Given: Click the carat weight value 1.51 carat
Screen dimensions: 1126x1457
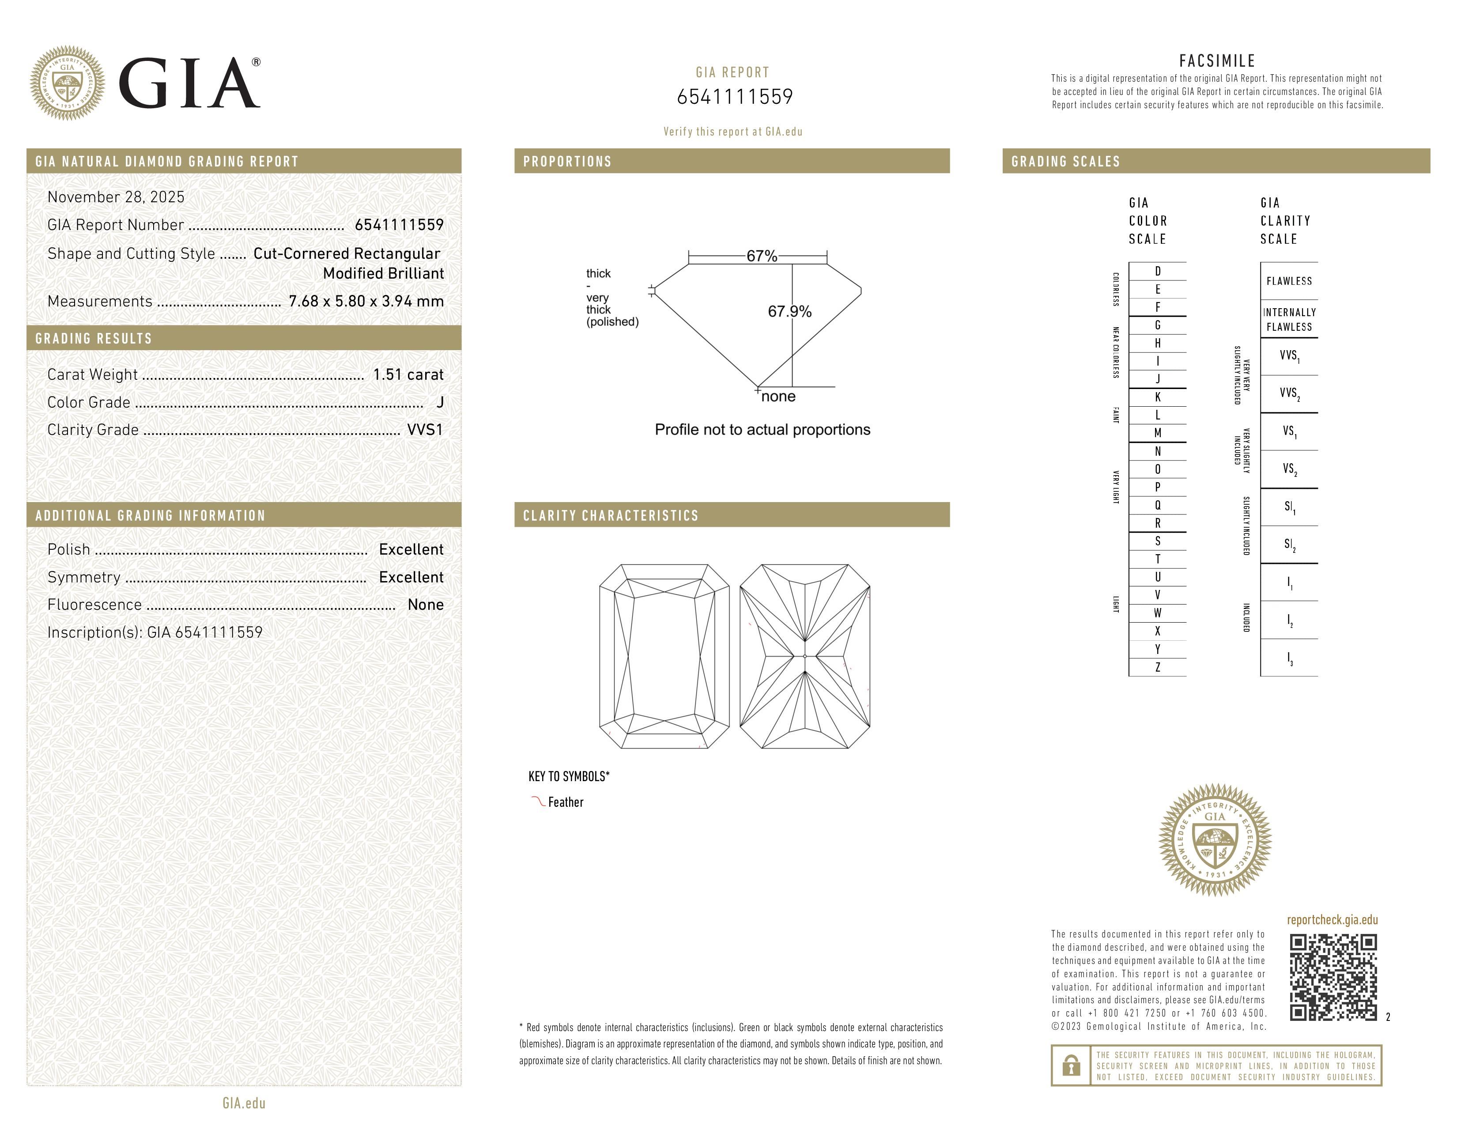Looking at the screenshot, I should pos(408,375).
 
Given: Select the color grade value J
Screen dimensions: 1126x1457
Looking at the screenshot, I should pos(440,402).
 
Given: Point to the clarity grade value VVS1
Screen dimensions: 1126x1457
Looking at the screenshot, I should pos(425,430).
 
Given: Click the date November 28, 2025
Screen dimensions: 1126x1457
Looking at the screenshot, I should pos(116,197).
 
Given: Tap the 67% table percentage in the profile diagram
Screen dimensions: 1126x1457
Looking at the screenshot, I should pos(761,256).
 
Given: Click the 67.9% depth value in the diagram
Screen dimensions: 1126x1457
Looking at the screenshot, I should pos(789,311).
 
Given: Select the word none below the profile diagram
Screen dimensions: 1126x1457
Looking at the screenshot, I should pos(778,397).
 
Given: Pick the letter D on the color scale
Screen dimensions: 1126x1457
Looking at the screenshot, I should pos(1158,272).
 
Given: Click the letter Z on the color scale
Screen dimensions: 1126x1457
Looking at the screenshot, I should pos(1158,667).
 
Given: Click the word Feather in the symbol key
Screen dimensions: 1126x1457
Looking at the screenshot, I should pos(565,802).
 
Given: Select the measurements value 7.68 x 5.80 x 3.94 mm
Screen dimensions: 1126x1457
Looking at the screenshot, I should pos(366,302).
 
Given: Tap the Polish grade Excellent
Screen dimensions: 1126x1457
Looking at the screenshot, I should pos(411,550).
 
